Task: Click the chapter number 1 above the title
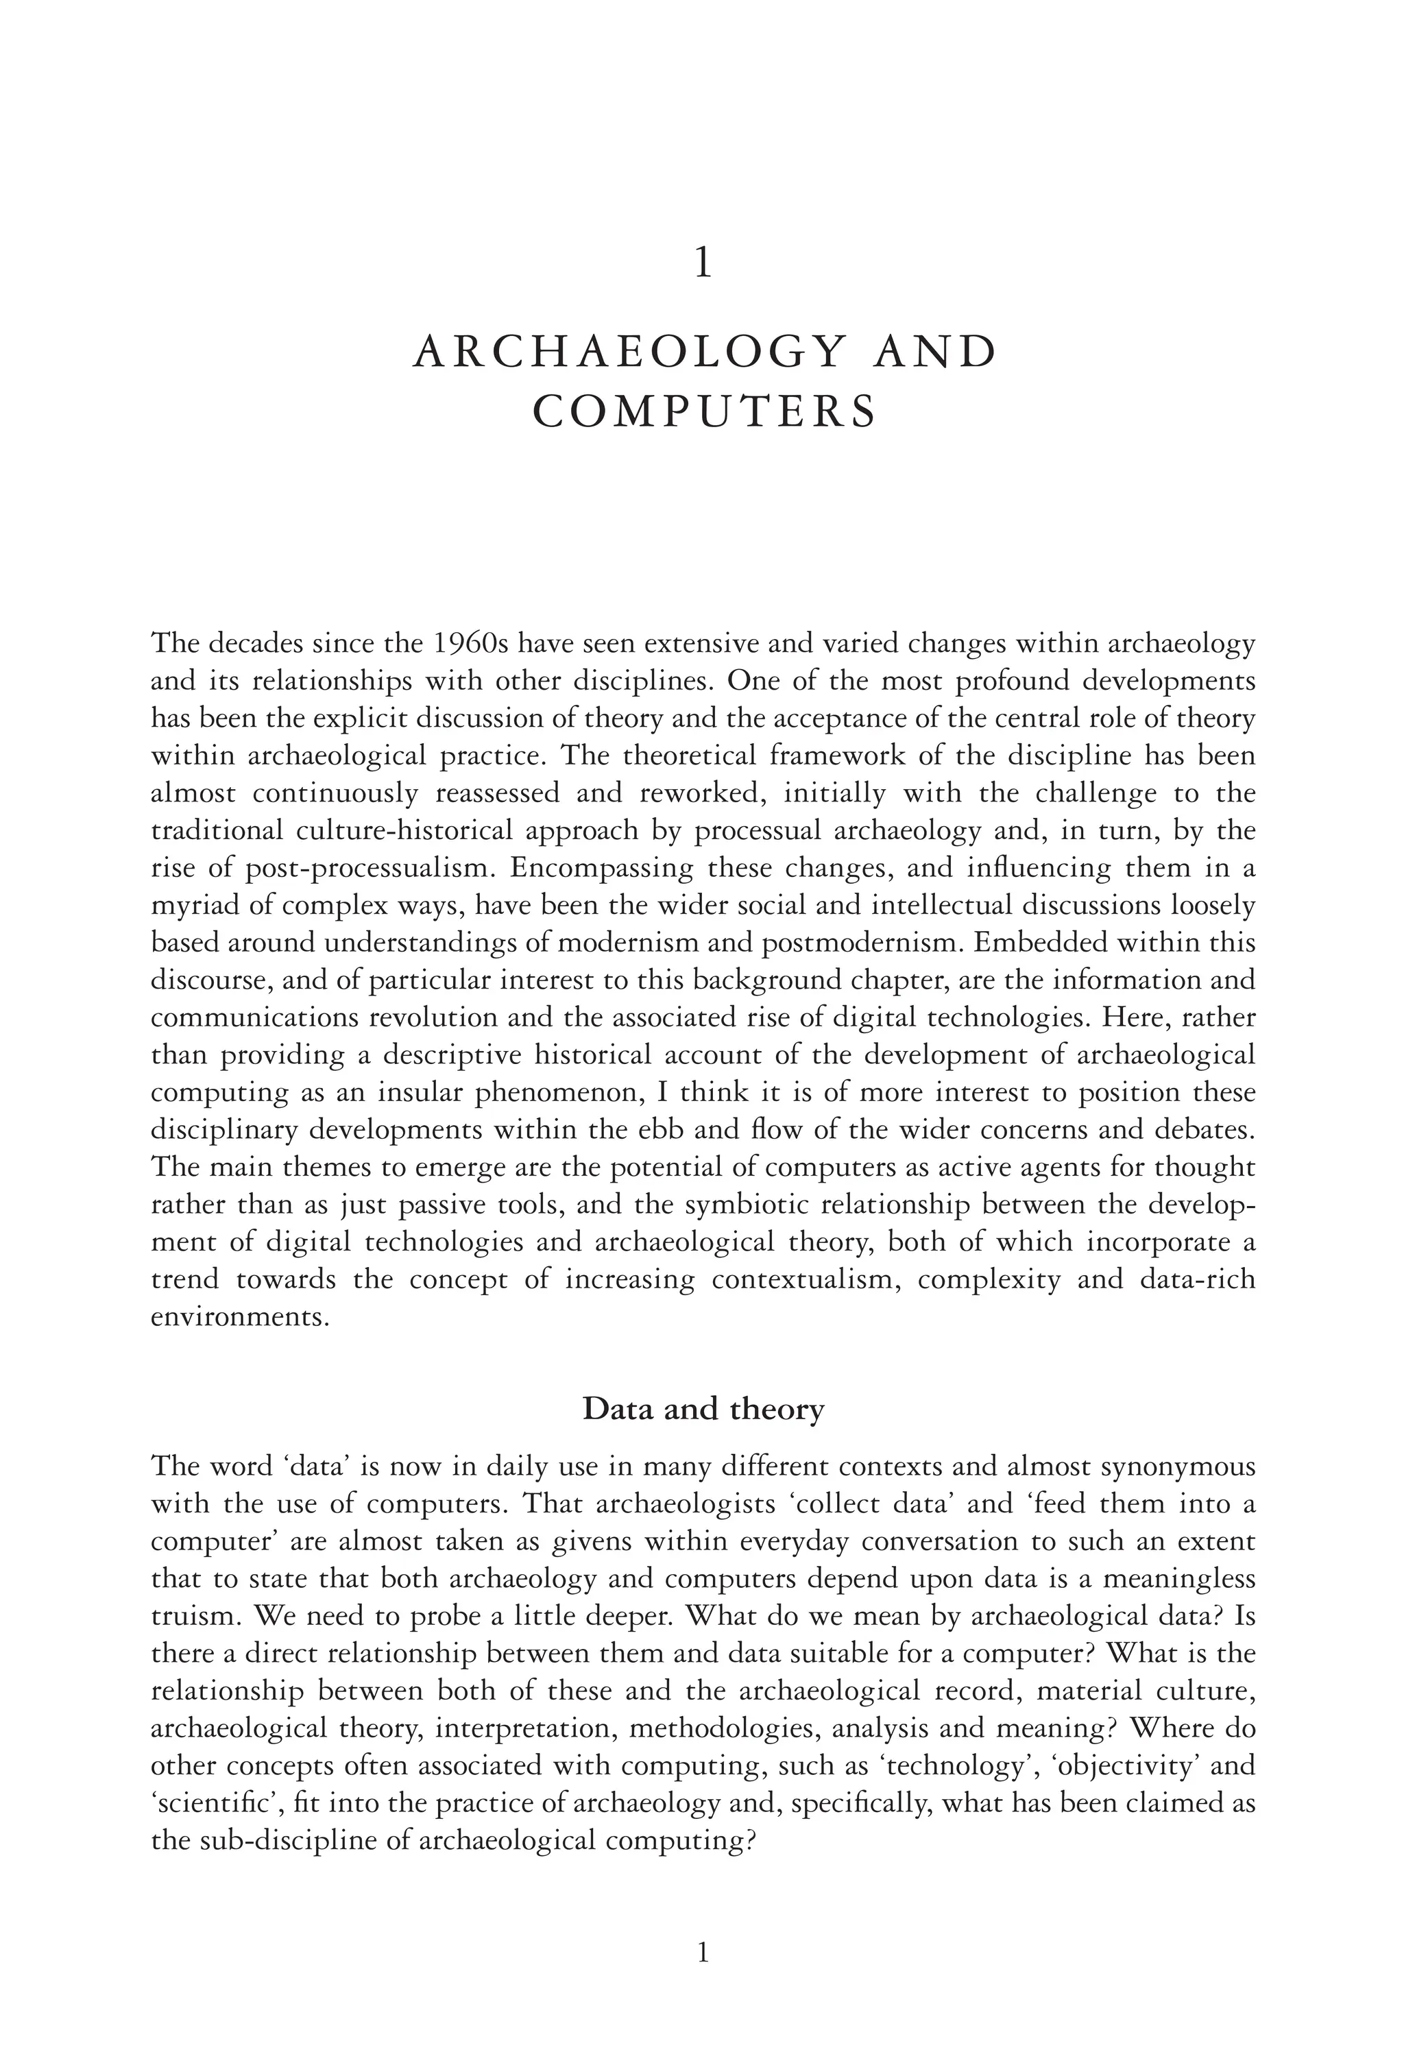(703, 265)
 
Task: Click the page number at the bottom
(703, 1953)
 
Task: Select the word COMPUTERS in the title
(705, 412)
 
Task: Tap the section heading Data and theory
(703, 1409)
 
